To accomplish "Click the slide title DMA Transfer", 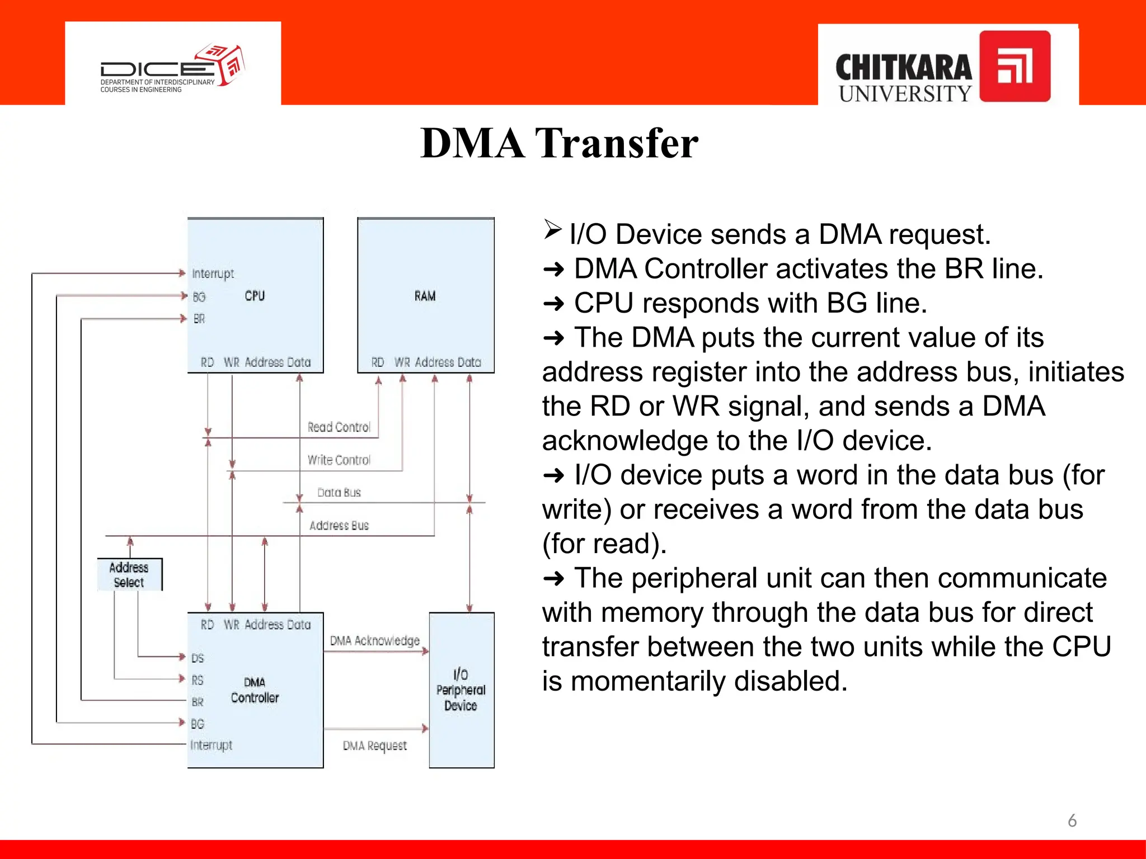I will point(559,143).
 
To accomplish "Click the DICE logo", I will point(172,67).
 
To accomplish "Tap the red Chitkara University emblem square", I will point(1015,66).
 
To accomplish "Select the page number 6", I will point(1072,820).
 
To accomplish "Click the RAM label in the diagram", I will point(425,296).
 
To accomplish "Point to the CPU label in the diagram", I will point(255,296).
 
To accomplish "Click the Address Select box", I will point(129,574).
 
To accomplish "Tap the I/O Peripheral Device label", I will point(461,690).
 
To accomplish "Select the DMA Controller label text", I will point(255,690).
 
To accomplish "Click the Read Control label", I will point(339,427).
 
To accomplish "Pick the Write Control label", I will point(339,460).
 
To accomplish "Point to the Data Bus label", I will point(339,493).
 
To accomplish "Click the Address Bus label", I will point(339,526).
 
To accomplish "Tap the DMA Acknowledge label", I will point(374,641).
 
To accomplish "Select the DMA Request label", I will point(374,745).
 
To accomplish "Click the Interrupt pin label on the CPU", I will point(213,273).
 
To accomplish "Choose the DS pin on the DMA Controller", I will point(198,658).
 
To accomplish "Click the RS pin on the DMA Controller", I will point(198,680).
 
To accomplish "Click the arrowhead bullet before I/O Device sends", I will point(552,230).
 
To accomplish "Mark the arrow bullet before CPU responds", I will point(553,304).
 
